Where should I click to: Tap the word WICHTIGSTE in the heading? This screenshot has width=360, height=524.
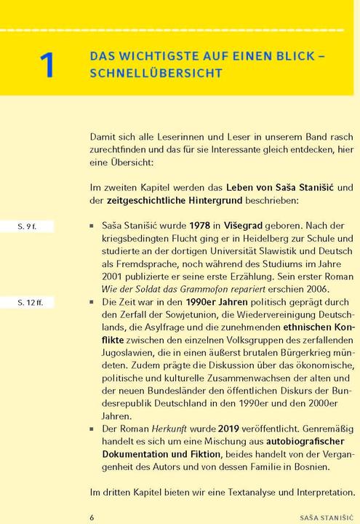(x=160, y=55)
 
